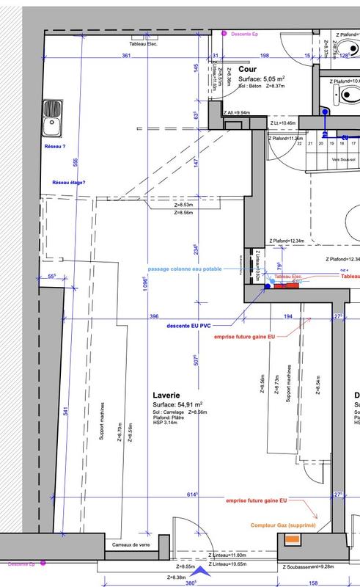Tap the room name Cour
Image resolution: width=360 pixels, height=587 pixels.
click(246, 68)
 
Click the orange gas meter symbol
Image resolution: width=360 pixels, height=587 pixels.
click(293, 541)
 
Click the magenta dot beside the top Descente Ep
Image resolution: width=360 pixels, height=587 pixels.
click(226, 34)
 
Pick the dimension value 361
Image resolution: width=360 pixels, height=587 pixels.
click(126, 56)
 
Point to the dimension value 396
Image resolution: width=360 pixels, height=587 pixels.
click(154, 316)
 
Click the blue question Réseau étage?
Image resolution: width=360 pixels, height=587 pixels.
click(69, 183)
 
